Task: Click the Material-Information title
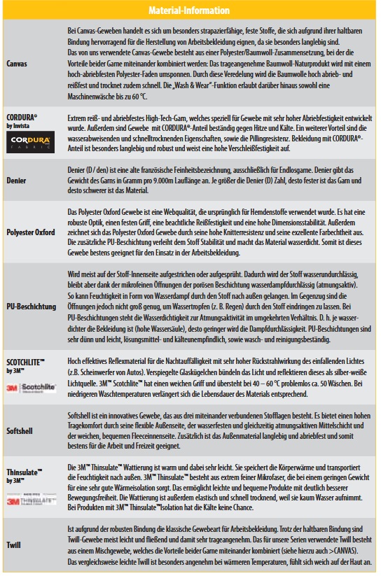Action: click(x=190, y=10)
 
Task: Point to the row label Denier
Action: click(x=17, y=179)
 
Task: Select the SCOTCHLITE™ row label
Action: click(x=25, y=362)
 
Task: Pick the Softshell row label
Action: click(x=20, y=430)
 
